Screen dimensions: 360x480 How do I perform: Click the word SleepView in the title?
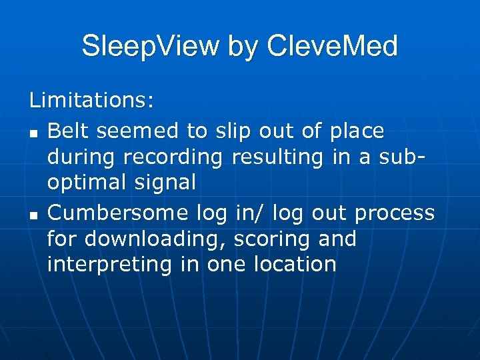click(x=150, y=47)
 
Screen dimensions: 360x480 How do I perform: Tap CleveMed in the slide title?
click(x=331, y=47)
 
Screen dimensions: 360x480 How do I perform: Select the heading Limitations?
click(x=92, y=101)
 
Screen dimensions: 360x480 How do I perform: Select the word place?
click(x=358, y=132)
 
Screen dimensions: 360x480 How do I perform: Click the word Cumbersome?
click(x=117, y=213)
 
